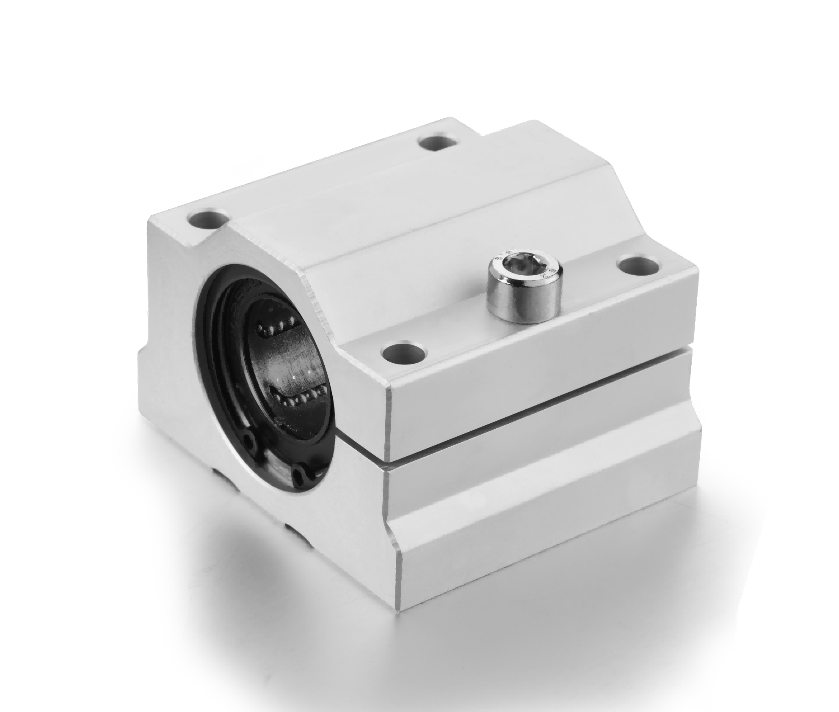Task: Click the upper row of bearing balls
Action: (275, 326)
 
